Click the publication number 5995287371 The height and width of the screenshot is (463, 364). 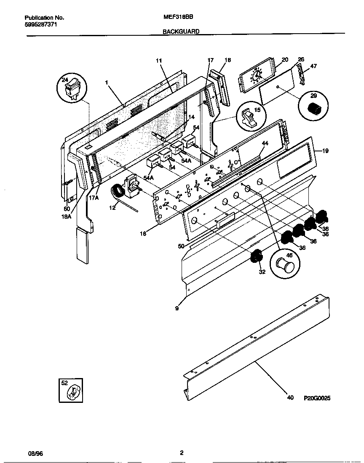tap(41, 25)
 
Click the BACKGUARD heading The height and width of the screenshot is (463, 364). tap(181, 31)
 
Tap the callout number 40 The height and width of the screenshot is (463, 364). tap(290, 397)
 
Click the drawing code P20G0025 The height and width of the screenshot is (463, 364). tap(316, 397)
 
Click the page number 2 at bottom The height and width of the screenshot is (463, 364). tap(182, 453)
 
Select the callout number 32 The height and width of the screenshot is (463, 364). tap(262, 272)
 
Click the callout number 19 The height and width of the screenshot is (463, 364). tap(325, 150)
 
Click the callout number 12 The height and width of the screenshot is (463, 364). tap(112, 207)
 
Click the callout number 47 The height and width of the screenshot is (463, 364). tap(313, 66)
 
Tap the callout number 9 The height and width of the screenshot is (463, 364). tap(177, 308)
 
